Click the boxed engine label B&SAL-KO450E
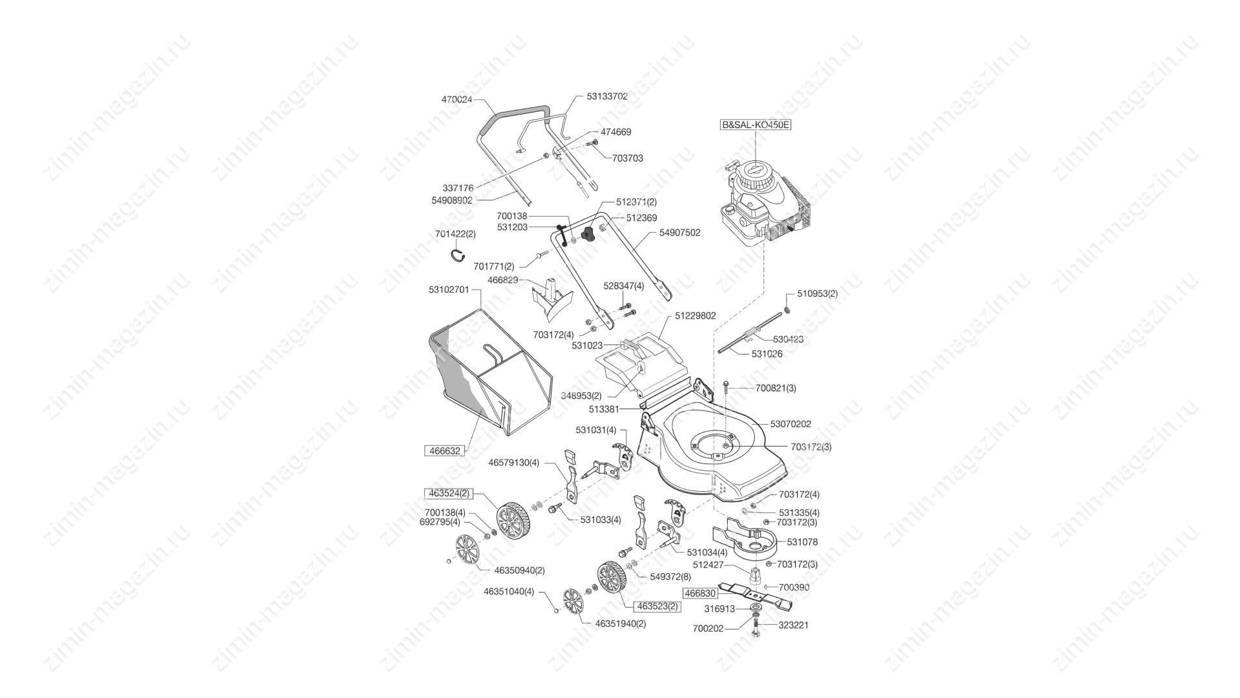coord(756,125)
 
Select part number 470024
coord(457,100)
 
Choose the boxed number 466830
coord(700,593)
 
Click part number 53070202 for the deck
coord(790,424)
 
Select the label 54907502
coord(679,233)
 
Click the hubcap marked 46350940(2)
coord(468,552)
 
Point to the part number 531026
coord(767,354)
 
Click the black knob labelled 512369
coord(588,235)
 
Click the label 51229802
coord(696,316)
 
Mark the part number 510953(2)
coord(818,293)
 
